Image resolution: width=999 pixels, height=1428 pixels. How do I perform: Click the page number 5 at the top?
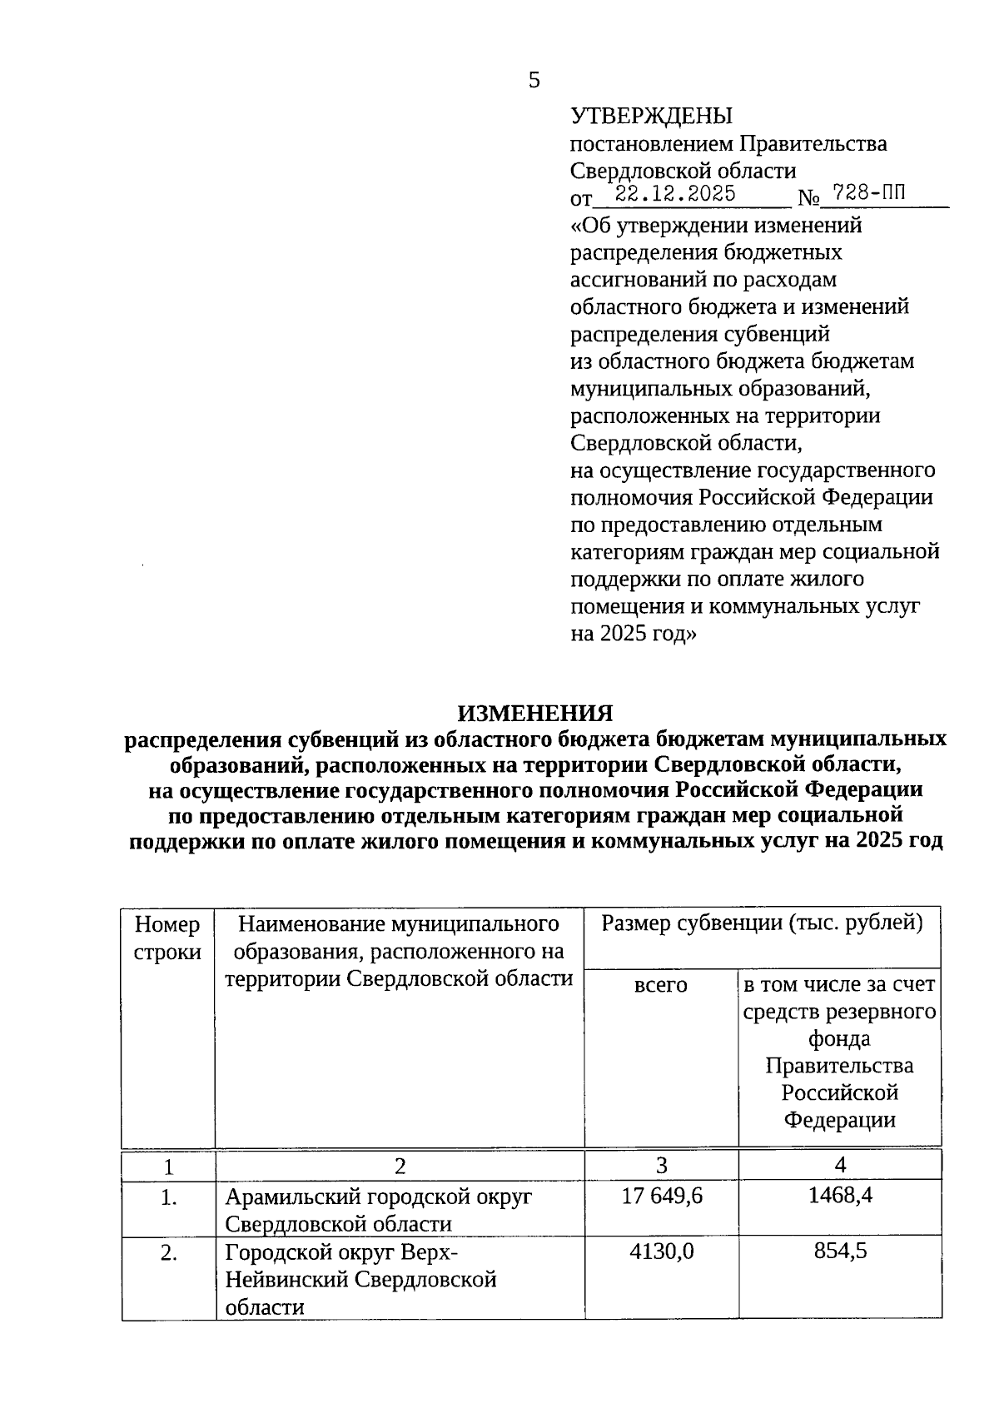click(534, 81)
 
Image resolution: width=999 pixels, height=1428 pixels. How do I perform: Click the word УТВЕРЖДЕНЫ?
click(651, 117)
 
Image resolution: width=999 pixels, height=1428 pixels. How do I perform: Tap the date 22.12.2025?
click(674, 195)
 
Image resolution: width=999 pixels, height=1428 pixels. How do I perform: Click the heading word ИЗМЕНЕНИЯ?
click(534, 713)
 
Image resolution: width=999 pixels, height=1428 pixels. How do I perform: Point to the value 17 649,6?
click(662, 1197)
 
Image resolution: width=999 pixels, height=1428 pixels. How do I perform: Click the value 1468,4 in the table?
click(839, 1197)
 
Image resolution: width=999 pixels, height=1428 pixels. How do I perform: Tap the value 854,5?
click(839, 1251)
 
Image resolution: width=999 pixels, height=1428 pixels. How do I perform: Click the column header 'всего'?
click(661, 985)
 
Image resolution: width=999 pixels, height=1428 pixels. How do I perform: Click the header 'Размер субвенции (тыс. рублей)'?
click(762, 923)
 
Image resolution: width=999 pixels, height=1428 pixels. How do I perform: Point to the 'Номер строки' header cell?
click(167, 938)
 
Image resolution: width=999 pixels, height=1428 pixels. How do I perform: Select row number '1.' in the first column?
click(169, 1198)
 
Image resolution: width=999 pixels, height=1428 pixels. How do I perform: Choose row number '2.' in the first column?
click(169, 1253)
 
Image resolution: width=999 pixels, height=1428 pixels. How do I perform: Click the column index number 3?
click(661, 1165)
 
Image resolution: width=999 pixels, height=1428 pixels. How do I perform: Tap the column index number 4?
click(839, 1165)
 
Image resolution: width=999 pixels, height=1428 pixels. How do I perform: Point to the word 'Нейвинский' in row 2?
click(286, 1280)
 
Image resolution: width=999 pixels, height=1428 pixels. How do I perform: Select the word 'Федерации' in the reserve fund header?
click(839, 1120)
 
